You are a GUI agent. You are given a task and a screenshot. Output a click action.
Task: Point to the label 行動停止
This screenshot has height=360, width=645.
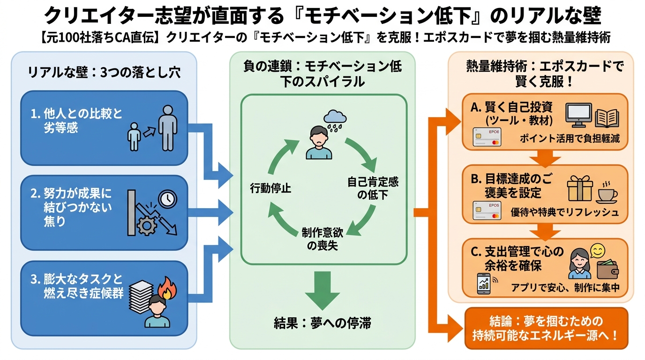tap(270, 188)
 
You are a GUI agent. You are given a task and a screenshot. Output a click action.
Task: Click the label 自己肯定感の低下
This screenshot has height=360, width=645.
tap(373, 187)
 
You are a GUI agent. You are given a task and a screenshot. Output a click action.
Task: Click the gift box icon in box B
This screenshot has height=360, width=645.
tap(579, 189)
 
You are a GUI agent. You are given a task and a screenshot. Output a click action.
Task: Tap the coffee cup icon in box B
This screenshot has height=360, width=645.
tap(607, 191)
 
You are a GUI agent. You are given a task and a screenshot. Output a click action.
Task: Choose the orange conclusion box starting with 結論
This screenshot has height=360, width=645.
tap(546, 328)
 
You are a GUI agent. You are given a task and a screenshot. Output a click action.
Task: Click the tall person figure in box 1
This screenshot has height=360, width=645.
tap(167, 127)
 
